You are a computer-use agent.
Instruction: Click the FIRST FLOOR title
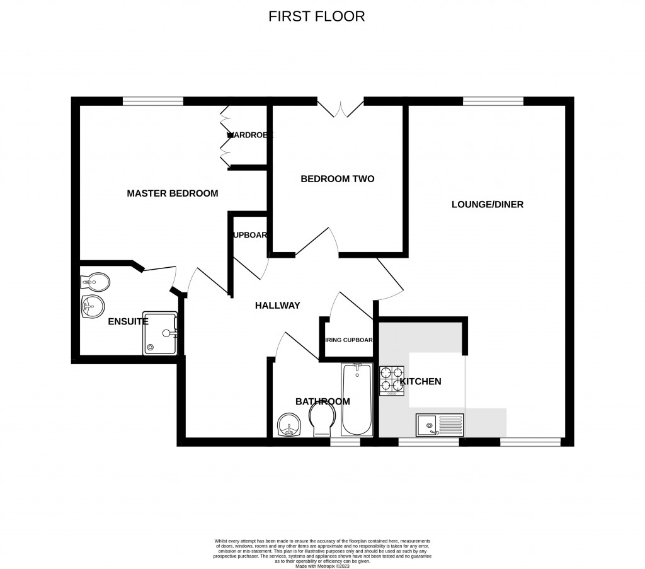(316, 16)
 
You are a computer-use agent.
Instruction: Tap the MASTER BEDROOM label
(173, 193)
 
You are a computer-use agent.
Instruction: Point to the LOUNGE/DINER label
(488, 204)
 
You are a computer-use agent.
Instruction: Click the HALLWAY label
(277, 306)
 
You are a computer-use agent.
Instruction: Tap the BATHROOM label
(322, 401)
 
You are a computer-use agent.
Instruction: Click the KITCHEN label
(421, 381)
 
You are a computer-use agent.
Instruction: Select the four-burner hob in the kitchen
(391, 381)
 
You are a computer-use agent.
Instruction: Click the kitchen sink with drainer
(439, 425)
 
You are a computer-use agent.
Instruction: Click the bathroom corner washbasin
(290, 426)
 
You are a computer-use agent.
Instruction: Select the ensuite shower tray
(160, 333)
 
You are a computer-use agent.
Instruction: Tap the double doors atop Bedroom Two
(341, 108)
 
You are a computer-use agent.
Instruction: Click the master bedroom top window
(153, 101)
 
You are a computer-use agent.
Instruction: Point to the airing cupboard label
(348, 340)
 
